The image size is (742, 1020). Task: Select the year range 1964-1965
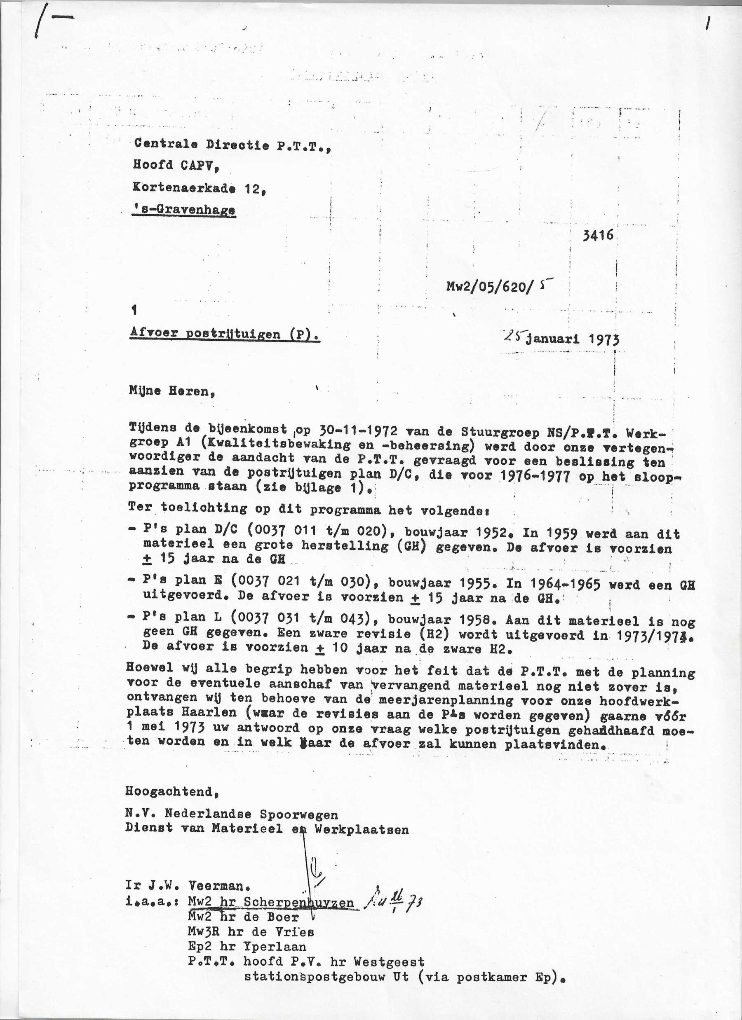[x=565, y=585]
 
